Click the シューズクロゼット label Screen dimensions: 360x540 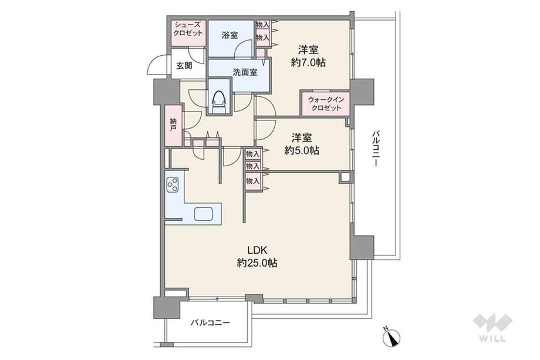(188, 30)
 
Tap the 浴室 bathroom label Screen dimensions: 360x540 (230, 35)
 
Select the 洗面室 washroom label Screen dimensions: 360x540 (241, 74)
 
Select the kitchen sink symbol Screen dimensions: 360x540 (204, 214)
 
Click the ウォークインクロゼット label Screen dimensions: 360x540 (325, 105)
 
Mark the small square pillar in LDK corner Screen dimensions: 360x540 (344, 177)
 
